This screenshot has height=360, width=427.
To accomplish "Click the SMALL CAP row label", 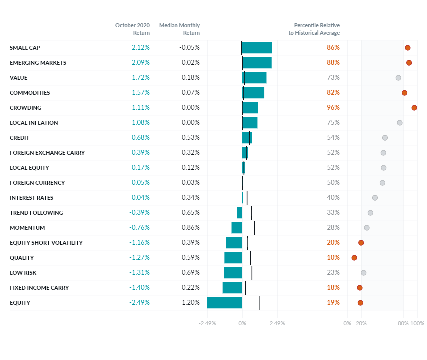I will (25, 48).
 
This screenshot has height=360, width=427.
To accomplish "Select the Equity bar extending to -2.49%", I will (224, 303).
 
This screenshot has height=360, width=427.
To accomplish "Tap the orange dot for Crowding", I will (414, 108).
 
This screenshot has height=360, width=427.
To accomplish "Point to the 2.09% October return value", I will (140, 63).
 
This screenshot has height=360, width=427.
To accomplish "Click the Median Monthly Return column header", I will (179, 29).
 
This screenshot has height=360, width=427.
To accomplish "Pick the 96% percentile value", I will (333, 108).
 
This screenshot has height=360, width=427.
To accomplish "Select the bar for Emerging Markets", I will (257, 63).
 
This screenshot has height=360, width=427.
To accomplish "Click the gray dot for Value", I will (398, 78).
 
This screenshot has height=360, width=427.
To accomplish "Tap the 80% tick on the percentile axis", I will (403, 323).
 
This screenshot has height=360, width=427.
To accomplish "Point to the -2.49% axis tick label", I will (207, 323).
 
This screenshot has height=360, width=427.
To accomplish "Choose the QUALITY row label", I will (22, 258).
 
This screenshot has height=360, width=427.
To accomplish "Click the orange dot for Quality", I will (354, 258).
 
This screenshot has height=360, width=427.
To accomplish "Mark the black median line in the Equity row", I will (259, 303).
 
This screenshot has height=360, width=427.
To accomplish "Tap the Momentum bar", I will (237, 228).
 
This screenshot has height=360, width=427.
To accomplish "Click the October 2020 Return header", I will (132, 29).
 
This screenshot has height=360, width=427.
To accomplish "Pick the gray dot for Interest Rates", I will (375, 198).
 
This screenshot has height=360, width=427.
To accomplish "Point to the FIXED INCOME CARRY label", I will (39, 288).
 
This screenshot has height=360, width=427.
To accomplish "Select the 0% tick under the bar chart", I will (242, 323).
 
